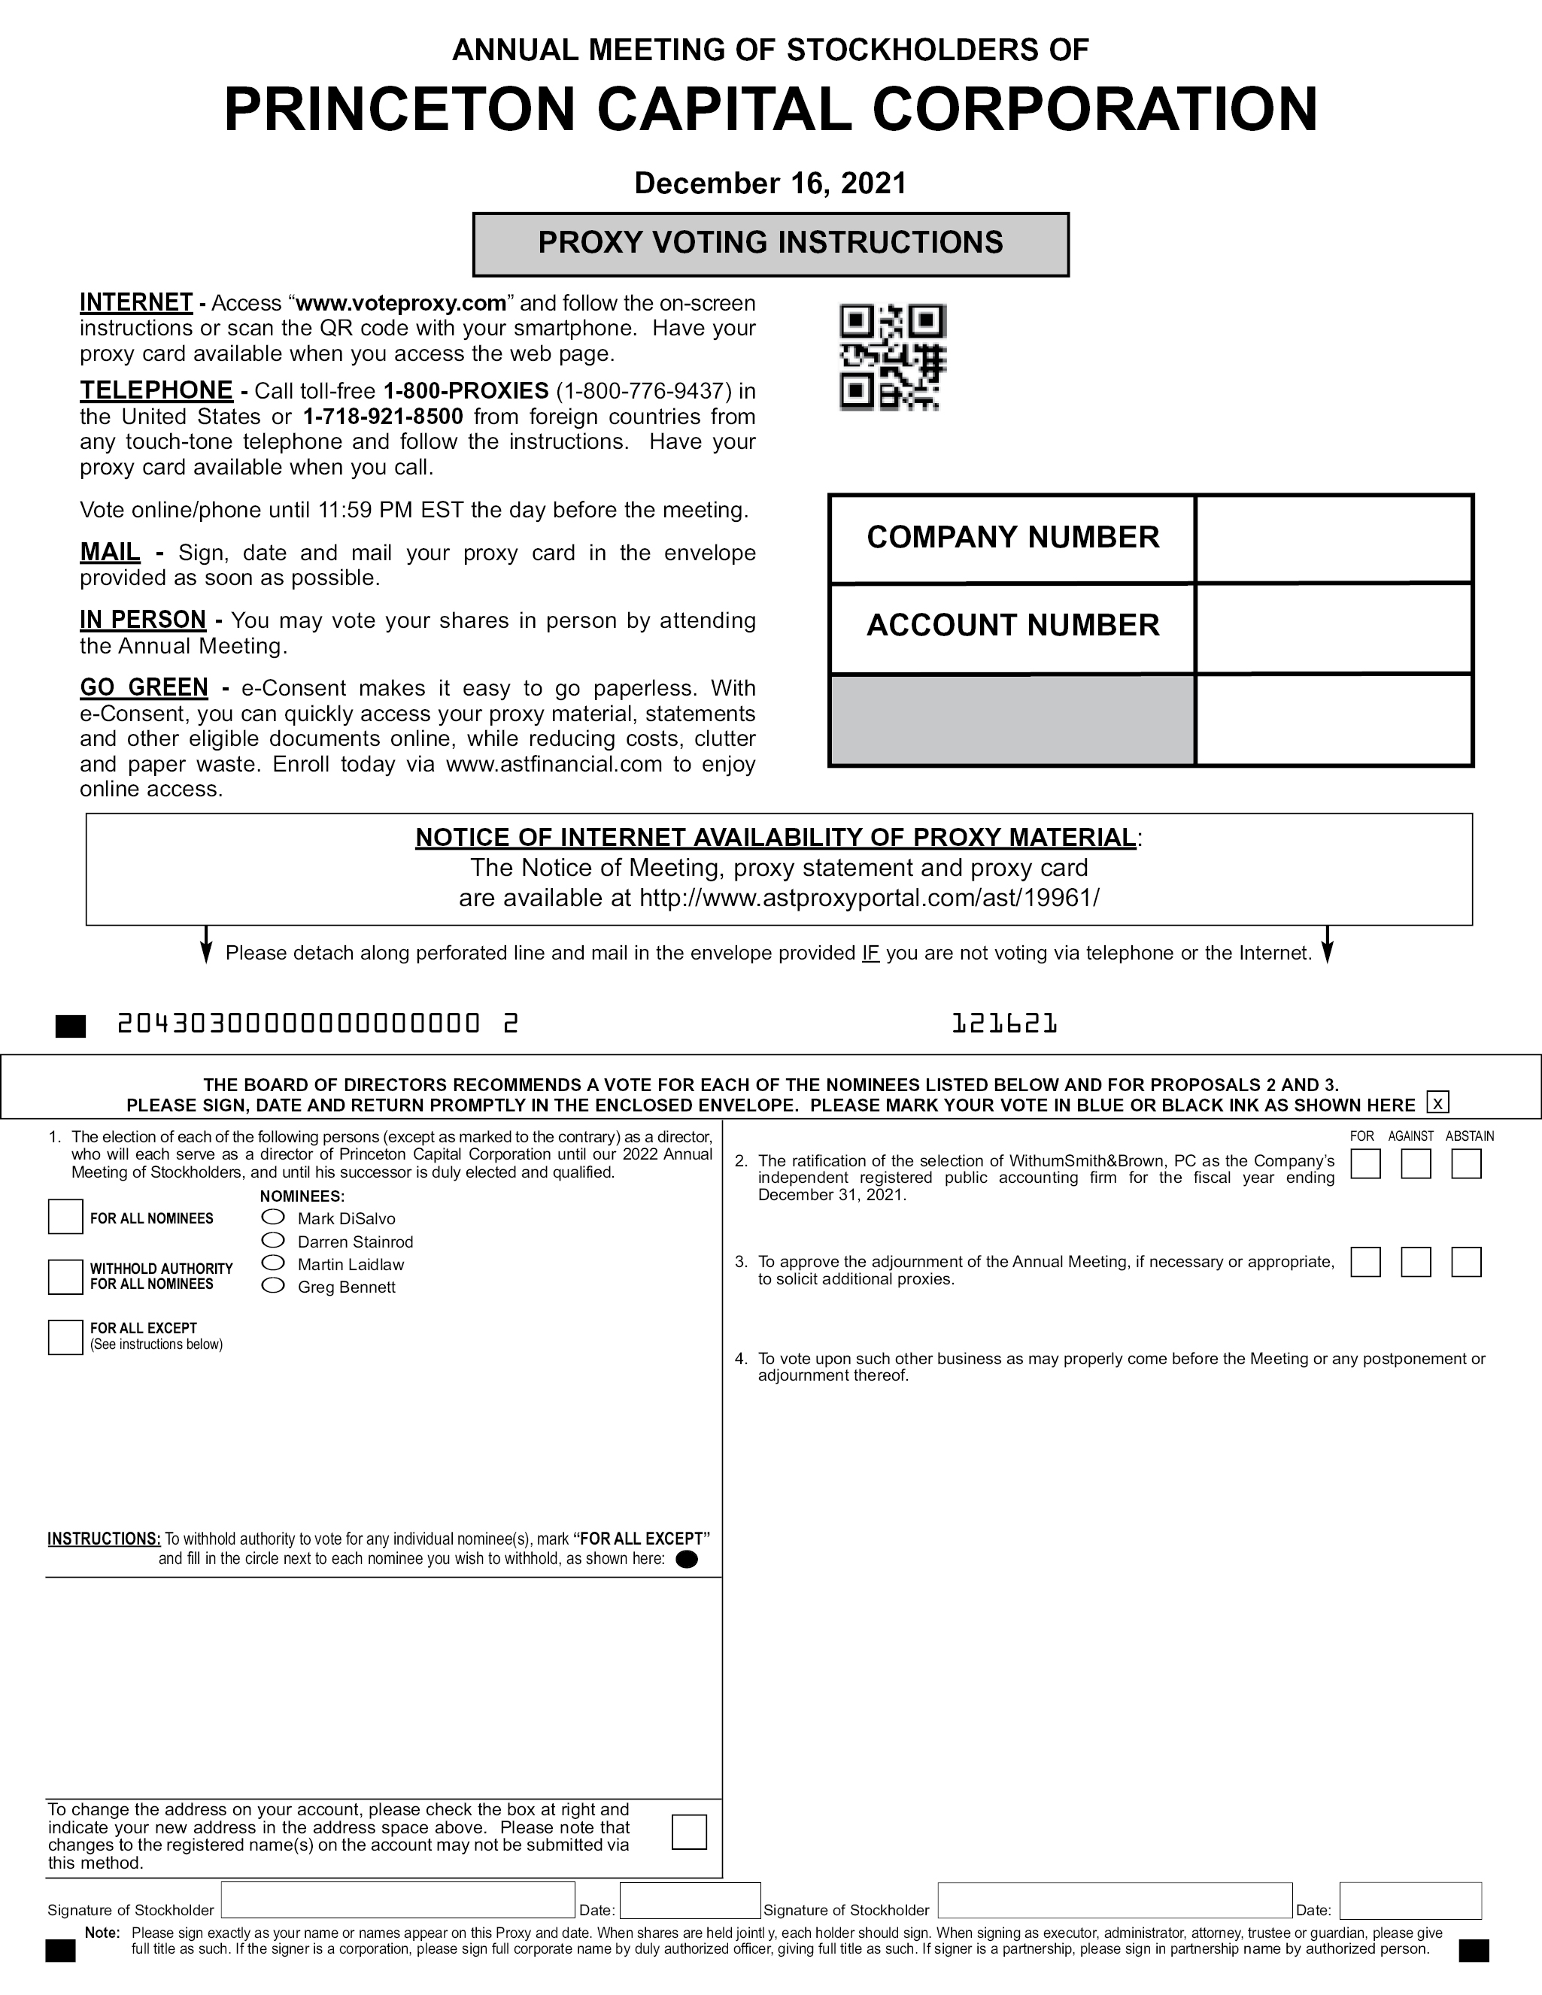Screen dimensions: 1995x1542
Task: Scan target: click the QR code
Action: point(893,357)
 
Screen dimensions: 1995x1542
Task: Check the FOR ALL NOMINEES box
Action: point(65,1217)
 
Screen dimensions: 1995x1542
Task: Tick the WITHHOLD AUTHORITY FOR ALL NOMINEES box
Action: point(65,1276)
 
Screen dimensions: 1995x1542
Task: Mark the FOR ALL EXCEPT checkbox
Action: point(65,1336)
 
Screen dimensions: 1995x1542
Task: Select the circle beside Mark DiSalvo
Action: point(273,1217)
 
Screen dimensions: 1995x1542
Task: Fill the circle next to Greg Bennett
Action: point(273,1285)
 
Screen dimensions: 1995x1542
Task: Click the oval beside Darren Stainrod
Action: point(273,1239)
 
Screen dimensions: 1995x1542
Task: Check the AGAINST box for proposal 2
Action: point(1415,1164)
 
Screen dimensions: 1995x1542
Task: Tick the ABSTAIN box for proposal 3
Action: point(1465,1262)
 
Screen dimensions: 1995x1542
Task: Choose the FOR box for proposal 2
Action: point(1364,1164)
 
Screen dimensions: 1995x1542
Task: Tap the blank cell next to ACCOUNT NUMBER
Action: point(1333,628)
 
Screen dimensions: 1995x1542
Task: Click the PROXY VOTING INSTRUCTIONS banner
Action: point(770,244)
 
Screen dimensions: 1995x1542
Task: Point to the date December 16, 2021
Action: point(770,183)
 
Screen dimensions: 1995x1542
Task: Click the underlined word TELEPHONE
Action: point(156,390)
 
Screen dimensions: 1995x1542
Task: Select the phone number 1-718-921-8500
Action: point(383,417)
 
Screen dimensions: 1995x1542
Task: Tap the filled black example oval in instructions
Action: point(686,1560)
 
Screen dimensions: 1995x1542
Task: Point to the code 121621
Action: point(1004,1024)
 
